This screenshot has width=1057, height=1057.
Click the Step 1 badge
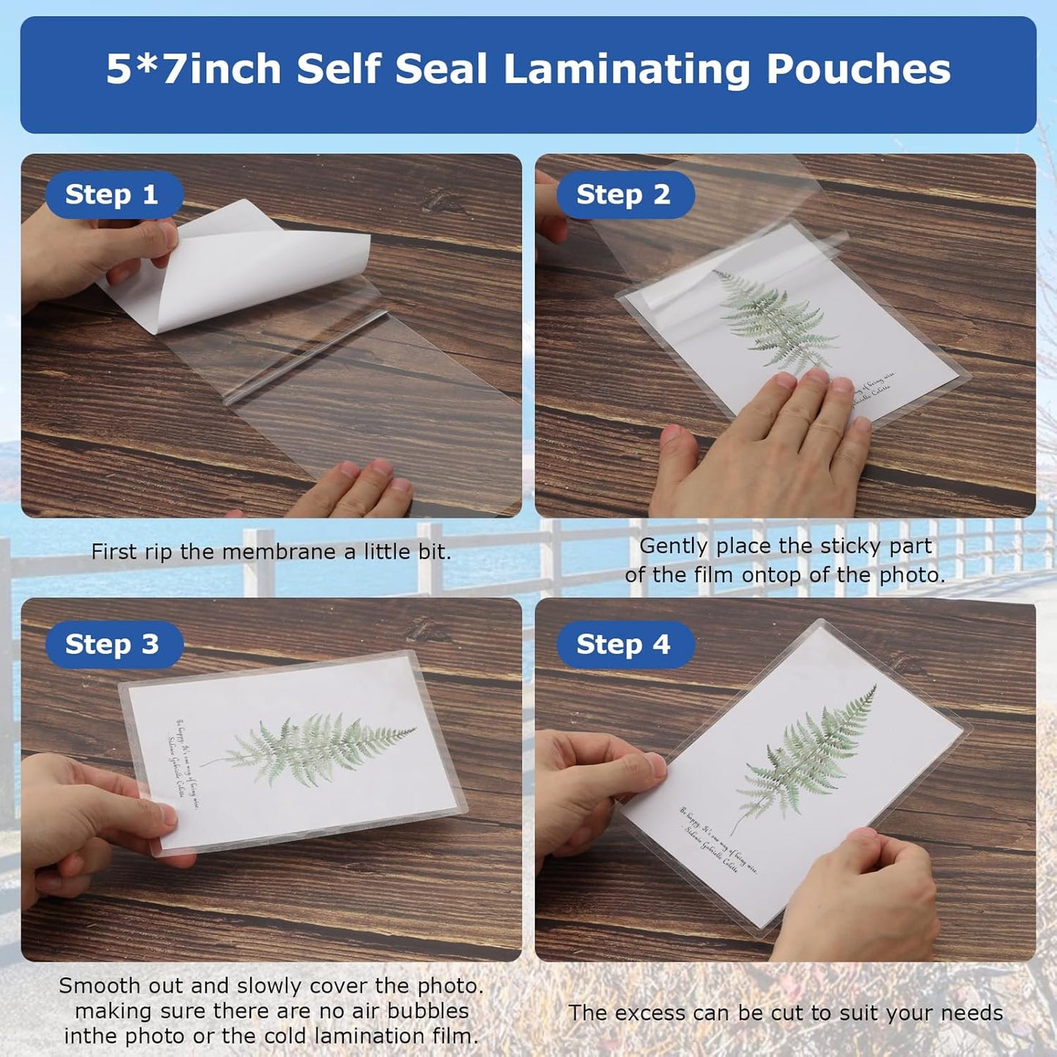point(112,195)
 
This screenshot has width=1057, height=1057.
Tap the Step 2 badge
point(623,195)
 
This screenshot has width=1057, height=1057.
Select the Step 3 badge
point(112,644)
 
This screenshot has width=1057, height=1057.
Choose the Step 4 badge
point(623,644)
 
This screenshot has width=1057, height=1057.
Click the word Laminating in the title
point(627,69)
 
